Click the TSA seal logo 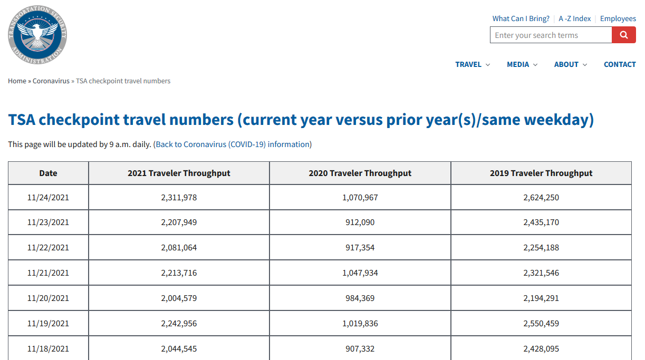click(x=37, y=35)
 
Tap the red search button click(x=624, y=35)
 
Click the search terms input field click(x=551, y=35)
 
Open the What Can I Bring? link click(x=521, y=18)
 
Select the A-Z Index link click(x=574, y=18)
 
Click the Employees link click(x=618, y=18)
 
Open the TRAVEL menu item click(x=473, y=64)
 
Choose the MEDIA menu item click(x=522, y=64)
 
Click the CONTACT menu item click(x=620, y=64)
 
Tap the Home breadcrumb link click(x=17, y=81)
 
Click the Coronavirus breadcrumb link click(x=51, y=81)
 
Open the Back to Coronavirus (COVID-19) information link click(x=233, y=144)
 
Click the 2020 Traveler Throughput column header click(x=360, y=173)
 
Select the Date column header click(x=48, y=173)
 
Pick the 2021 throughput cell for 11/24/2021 click(x=179, y=198)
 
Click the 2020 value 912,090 click(x=360, y=222)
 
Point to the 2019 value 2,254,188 click(x=541, y=248)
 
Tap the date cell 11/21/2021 click(x=48, y=273)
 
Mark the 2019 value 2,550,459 click(x=541, y=324)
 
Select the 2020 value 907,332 click(x=360, y=349)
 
